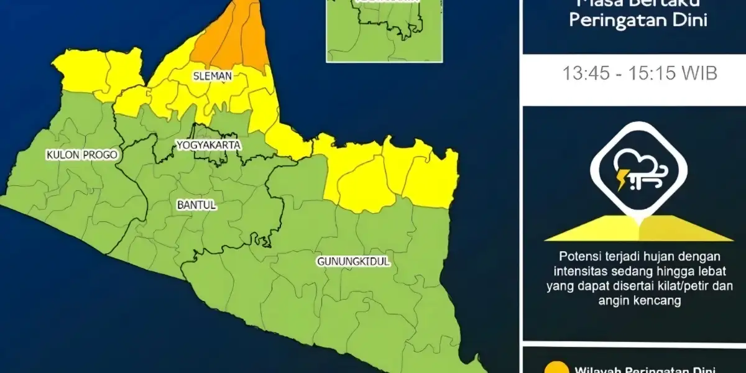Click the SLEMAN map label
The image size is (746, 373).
point(213,76)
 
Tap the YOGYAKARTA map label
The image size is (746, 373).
point(208,145)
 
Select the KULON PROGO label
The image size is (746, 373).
point(81,155)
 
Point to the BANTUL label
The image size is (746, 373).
point(196,205)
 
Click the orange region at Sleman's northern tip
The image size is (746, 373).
point(233,37)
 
